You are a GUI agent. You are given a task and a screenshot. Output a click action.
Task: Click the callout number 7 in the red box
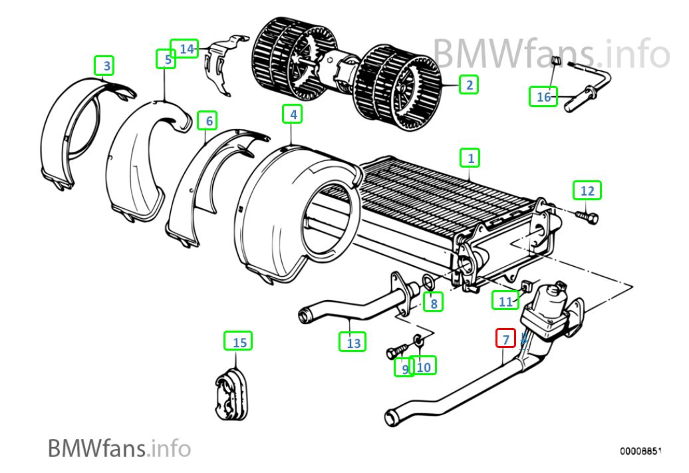[x=505, y=339]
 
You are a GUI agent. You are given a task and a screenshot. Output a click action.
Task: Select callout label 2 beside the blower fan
[x=469, y=84]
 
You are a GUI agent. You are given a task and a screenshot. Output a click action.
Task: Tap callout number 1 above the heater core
[x=470, y=158]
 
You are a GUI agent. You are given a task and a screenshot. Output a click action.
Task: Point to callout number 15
[x=238, y=341]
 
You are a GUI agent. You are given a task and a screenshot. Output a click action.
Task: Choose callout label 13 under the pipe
[x=353, y=341]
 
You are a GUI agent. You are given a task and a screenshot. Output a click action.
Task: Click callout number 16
[x=543, y=96]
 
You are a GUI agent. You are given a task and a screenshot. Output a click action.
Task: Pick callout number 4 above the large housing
[x=292, y=114]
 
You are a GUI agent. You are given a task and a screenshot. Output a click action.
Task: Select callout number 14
[x=185, y=49]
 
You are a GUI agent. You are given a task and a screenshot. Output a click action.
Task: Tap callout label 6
[x=207, y=120]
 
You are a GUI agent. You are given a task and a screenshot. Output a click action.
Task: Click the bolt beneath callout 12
[x=587, y=216]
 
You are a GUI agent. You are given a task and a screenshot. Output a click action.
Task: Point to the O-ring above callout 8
[x=428, y=281]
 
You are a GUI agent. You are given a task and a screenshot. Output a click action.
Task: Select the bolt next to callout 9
[x=397, y=351]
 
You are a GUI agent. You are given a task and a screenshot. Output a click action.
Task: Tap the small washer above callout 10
[x=418, y=339]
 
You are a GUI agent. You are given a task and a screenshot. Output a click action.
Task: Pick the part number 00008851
[x=640, y=450]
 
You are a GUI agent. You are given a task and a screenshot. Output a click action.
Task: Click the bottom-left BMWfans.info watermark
[x=119, y=448]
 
